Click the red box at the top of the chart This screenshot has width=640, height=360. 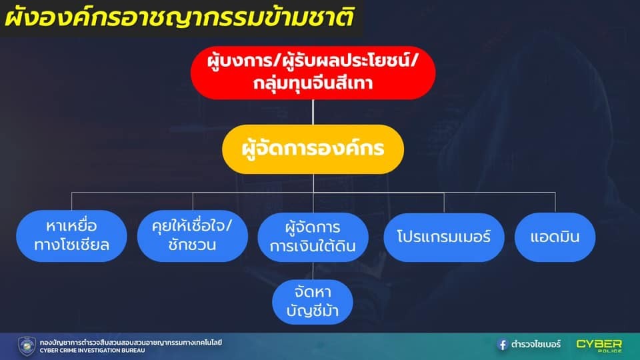(x=313, y=73)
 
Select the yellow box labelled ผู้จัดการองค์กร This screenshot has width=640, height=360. (x=313, y=149)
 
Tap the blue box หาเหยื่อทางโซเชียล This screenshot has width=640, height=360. (x=71, y=236)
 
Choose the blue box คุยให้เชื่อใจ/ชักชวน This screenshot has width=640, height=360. (x=192, y=236)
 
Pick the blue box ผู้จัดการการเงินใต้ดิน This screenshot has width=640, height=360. (x=313, y=237)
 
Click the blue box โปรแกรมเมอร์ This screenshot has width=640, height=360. (x=444, y=237)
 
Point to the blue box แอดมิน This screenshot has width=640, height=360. (x=555, y=237)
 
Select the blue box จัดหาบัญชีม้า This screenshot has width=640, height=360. (x=313, y=302)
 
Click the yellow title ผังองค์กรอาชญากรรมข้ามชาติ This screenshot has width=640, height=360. (x=179, y=17)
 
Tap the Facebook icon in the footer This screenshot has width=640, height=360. (x=502, y=345)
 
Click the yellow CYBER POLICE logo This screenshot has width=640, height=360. (x=599, y=345)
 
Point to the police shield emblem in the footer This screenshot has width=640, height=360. (x=27, y=346)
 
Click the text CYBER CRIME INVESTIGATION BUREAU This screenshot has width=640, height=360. (x=92, y=351)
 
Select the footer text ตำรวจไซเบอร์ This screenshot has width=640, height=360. (x=536, y=345)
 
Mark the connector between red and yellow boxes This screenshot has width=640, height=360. (x=313, y=112)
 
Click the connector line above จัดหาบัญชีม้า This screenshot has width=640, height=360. (x=313, y=271)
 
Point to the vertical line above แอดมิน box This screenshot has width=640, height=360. (x=555, y=203)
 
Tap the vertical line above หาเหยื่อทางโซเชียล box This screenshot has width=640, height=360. (x=71, y=201)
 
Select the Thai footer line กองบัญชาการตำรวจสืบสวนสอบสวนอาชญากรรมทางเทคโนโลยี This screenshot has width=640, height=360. (x=131, y=343)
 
